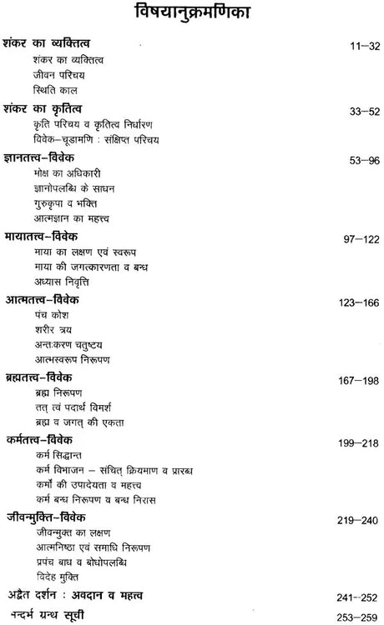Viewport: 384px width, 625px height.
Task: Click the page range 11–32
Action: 358,44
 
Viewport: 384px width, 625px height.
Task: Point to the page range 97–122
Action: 354,237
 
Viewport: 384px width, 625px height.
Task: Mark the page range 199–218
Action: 351,442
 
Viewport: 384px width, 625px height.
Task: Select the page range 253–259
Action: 351,617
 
